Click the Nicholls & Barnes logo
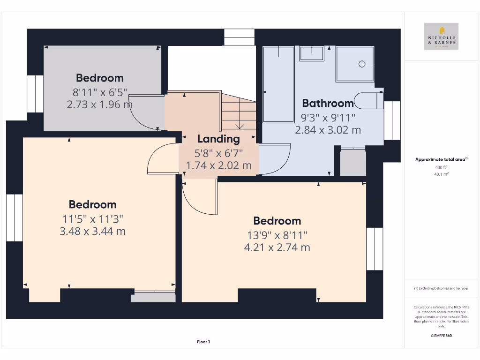tap(441, 36)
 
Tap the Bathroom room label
tap(328, 103)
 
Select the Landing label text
tap(218, 139)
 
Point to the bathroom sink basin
tap(312, 54)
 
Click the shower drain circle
tap(362, 64)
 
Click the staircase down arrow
tap(240, 125)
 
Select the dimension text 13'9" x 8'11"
tap(277, 235)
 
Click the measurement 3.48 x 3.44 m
tap(93, 231)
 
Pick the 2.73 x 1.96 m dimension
tap(99, 104)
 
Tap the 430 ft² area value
tap(441, 167)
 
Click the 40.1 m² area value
tap(441, 174)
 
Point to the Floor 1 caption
tap(203, 342)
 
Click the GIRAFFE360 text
tap(441, 336)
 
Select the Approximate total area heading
tap(441, 159)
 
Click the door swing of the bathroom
tap(277, 159)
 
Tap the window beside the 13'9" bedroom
tap(375, 249)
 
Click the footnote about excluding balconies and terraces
tap(441, 288)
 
